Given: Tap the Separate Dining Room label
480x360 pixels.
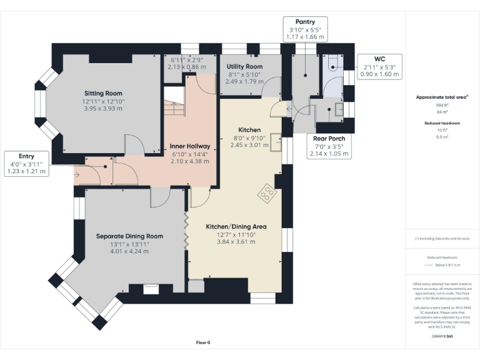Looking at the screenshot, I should pos(129,236).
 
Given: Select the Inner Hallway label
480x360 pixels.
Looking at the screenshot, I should pos(191,146).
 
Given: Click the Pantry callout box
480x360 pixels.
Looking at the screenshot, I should pos(306,29).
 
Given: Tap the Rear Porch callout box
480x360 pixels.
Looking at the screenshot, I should pos(329,146).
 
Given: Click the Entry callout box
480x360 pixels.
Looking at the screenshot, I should pos(26,164).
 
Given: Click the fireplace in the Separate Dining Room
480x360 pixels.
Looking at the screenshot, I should pos(151,288).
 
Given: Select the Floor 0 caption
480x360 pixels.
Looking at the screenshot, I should pos(203,342).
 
